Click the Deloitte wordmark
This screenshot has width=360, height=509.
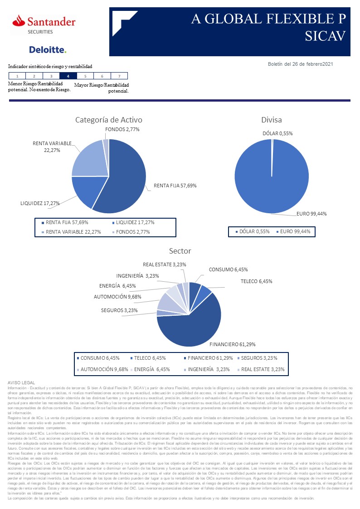48,49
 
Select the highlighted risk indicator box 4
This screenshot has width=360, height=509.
68,76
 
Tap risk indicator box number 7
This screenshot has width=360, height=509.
119,76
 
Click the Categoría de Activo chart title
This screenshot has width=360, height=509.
109,120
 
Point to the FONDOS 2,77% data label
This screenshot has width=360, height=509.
122,129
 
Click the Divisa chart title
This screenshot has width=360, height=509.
272,120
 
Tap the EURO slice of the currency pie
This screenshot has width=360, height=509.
271,181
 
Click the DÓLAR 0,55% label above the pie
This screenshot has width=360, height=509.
277,133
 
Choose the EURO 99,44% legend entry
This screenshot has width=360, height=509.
295,231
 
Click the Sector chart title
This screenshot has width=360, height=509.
180,251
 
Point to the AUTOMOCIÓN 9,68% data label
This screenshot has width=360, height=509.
117,296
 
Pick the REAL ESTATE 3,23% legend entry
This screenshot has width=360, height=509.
263,369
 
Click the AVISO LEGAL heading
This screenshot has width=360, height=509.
21,383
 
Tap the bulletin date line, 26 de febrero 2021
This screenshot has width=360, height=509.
301,64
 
